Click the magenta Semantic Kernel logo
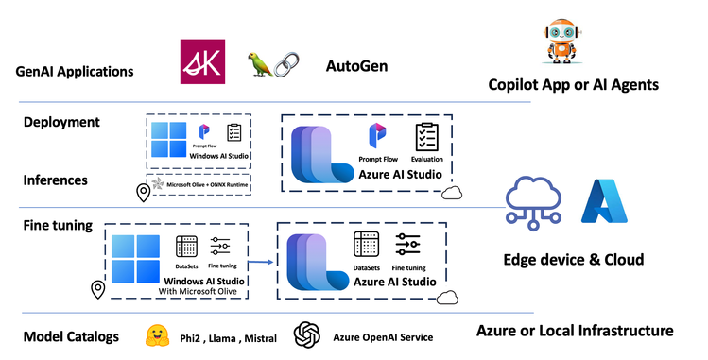(x=202, y=61)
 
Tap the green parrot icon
(x=258, y=63)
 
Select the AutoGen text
(x=356, y=67)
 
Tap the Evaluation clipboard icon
(x=426, y=138)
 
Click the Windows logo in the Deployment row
(x=171, y=139)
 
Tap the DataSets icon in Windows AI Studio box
(x=186, y=247)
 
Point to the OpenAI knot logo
(x=306, y=334)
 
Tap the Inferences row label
(x=56, y=179)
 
